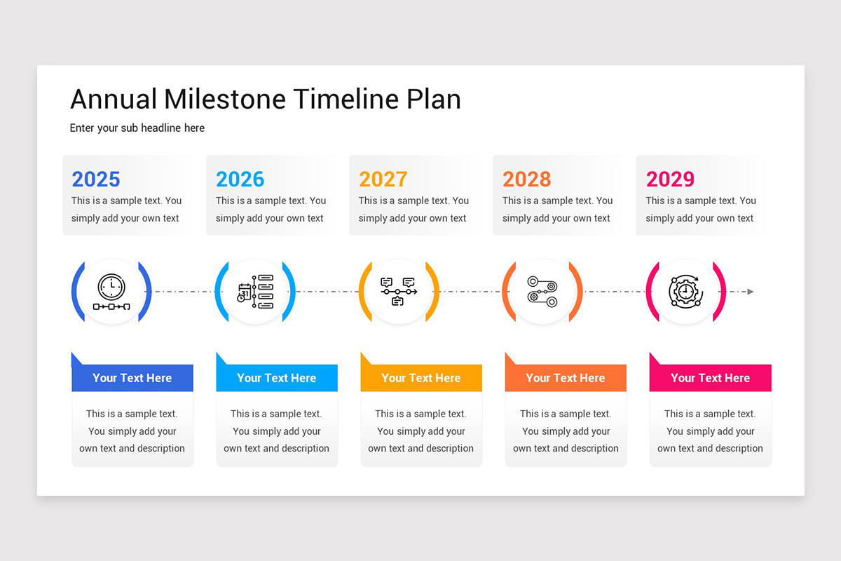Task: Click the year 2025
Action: click(x=96, y=180)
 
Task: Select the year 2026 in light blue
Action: click(x=240, y=180)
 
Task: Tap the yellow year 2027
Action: click(x=383, y=180)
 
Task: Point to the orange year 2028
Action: click(x=527, y=180)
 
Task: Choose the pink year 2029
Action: click(x=670, y=180)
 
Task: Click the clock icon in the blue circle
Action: click(x=111, y=292)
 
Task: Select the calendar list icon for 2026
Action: click(x=255, y=292)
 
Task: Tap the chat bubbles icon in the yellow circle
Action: click(x=399, y=292)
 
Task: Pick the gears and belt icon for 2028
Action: click(x=542, y=292)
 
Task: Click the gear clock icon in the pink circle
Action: click(x=686, y=292)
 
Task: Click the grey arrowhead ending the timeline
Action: click(x=750, y=292)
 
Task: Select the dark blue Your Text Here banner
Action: click(x=132, y=378)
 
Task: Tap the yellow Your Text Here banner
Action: click(x=421, y=378)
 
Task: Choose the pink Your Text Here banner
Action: click(x=711, y=378)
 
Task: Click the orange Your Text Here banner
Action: click(x=566, y=378)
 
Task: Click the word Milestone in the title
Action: click(x=225, y=99)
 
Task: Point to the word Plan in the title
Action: click(x=434, y=99)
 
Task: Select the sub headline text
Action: click(x=137, y=128)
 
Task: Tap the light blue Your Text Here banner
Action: click(x=277, y=378)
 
